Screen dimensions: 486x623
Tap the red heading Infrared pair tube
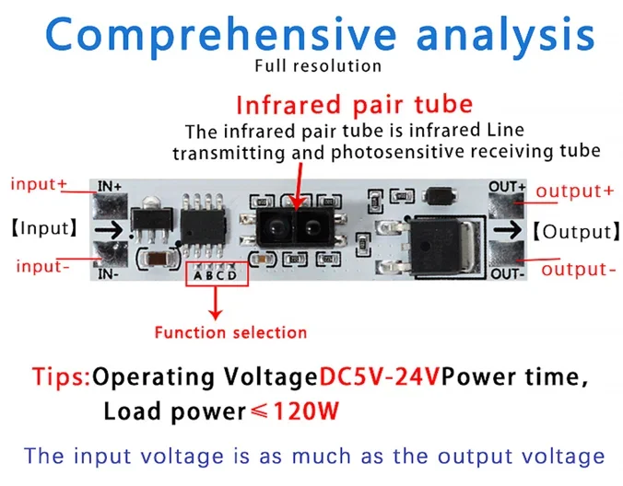coord(354,103)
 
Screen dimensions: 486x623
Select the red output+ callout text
coord(575,191)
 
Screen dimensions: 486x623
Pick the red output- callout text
coord(579,269)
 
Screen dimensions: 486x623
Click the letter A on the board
coord(197,275)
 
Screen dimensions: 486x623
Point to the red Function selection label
coord(230,331)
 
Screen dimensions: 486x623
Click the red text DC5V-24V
coord(380,377)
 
